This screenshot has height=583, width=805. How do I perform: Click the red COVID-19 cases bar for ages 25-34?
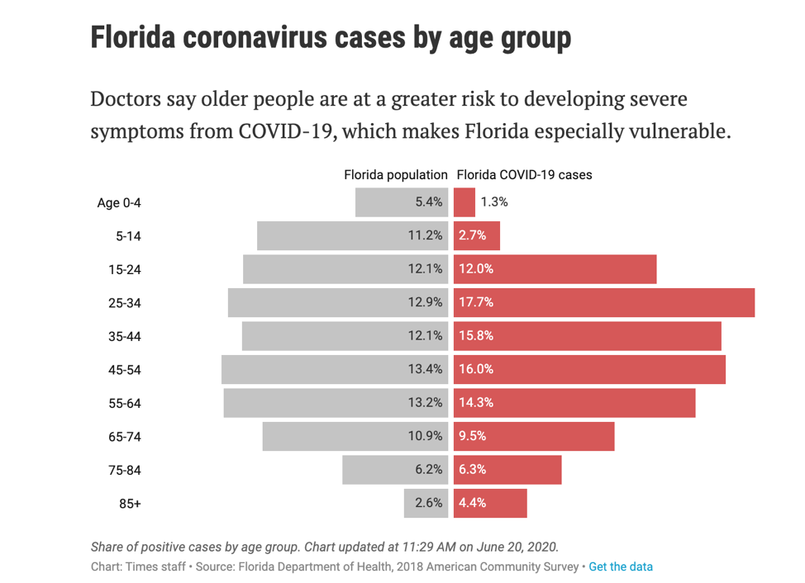point(603,302)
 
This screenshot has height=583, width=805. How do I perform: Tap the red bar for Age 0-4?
point(464,202)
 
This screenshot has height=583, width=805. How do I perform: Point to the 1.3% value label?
point(494,201)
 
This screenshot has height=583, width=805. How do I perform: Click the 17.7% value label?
point(476,302)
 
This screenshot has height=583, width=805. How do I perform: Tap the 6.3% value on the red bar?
point(472,469)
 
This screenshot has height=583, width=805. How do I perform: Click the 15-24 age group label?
point(125,269)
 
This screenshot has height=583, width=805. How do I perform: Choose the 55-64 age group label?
point(125,403)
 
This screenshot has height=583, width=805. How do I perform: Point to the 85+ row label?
point(130,503)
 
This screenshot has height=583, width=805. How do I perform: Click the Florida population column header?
point(396,175)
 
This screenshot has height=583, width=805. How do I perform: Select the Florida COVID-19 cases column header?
point(524,175)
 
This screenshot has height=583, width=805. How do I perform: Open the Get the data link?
point(621,566)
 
